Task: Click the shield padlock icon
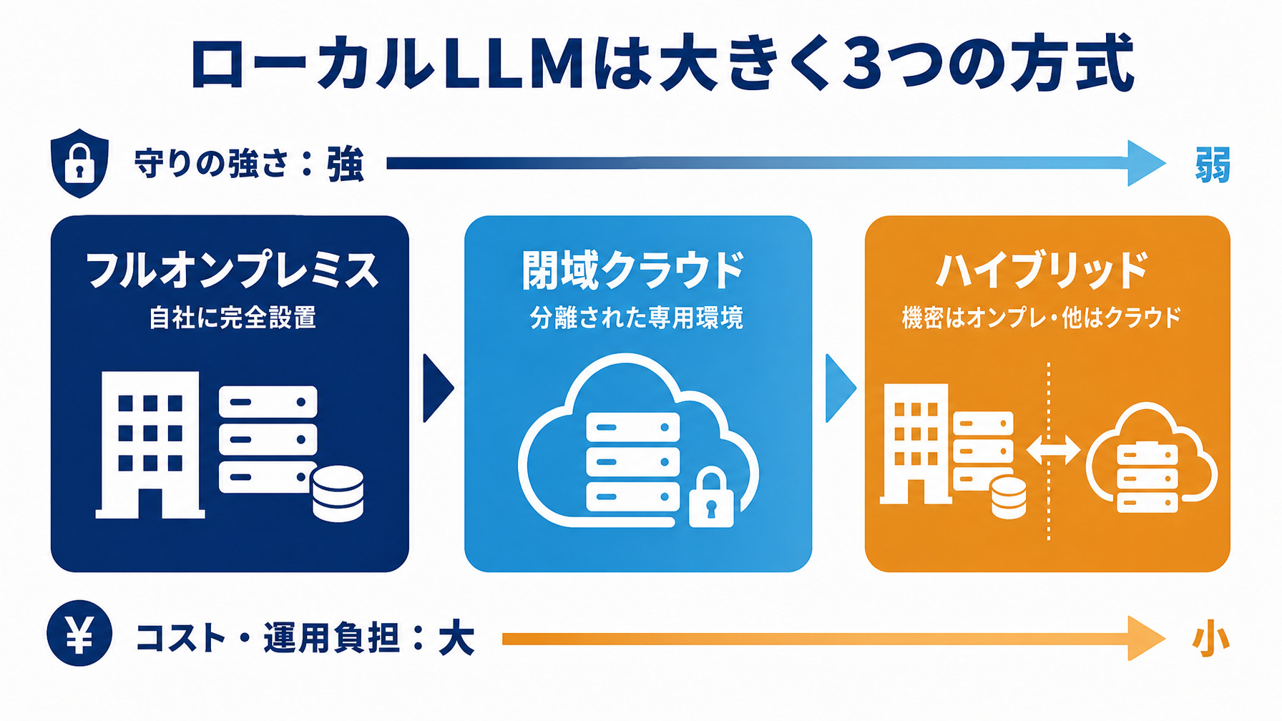tap(79, 163)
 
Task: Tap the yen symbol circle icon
tap(79, 634)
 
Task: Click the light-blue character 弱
tap(1213, 165)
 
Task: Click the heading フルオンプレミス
tap(232, 270)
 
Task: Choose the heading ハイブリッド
tap(1042, 270)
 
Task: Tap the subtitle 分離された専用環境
tap(637, 318)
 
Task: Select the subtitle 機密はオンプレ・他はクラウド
tap(1042, 318)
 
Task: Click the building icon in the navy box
tap(150, 444)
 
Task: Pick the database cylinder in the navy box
tap(338, 494)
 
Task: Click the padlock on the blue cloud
tap(711, 499)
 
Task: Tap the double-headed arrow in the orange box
tap(1053, 451)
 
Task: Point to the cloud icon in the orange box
tap(1150, 458)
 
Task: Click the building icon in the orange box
tap(915, 443)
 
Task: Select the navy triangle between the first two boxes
tap(438, 388)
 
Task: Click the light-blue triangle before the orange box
tap(841, 388)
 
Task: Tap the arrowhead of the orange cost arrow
tap(1147, 639)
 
